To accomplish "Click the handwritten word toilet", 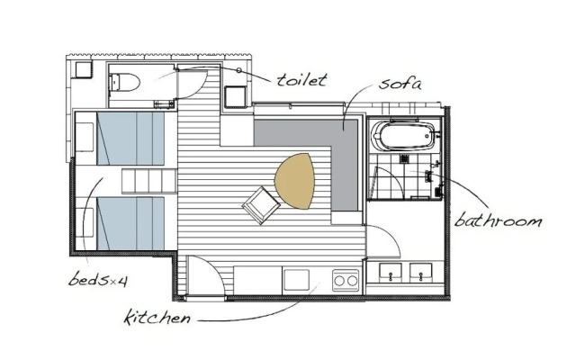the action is [x=301, y=80].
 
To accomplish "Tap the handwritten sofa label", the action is [x=400, y=84].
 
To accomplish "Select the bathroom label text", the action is [x=498, y=220].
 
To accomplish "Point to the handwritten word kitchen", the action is [x=158, y=317].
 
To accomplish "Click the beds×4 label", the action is [x=98, y=280].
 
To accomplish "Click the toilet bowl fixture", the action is [x=124, y=82].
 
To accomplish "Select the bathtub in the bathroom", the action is [x=404, y=136].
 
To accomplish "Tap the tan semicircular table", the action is [x=295, y=181].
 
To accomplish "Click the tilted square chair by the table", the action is [x=261, y=205].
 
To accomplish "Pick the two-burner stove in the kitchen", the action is [x=346, y=281].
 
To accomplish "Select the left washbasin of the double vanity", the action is [x=390, y=272].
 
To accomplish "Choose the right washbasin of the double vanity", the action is [x=421, y=272].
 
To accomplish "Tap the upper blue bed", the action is [x=130, y=139].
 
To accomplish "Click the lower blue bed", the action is [x=130, y=223].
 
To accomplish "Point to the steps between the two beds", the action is [x=148, y=181].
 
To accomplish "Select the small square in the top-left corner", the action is [x=84, y=70].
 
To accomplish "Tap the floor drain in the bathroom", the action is [x=404, y=159].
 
